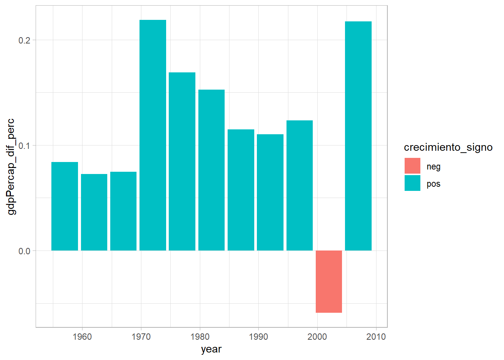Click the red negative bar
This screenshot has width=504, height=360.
[329, 281]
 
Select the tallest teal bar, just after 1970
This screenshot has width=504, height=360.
[153, 135]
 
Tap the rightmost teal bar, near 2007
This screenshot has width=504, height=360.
[358, 136]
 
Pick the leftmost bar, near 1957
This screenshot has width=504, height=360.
[64, 206]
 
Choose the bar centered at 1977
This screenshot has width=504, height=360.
[182, 161]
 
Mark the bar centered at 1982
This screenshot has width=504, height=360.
[211, 170]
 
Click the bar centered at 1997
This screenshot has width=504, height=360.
[300, 185]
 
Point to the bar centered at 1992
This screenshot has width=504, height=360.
[270, 192]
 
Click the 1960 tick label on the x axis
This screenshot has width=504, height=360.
[82, 337]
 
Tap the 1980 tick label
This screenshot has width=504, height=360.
[200, 337]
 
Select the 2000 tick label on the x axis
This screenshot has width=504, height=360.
[317, 337]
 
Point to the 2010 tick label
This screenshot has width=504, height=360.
[376, 337]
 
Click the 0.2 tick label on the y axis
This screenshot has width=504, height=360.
[24, 40]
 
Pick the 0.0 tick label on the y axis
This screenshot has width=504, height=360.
[24, 251]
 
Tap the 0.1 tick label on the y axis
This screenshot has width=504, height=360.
[24, 145]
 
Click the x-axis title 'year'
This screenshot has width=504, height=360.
[211, 349]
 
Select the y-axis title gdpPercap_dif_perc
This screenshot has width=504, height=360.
[11, 166]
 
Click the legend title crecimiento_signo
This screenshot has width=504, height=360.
[448, 147]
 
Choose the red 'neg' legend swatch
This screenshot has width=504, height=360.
[412, 166]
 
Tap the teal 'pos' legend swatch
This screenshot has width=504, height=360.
[412, 183]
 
